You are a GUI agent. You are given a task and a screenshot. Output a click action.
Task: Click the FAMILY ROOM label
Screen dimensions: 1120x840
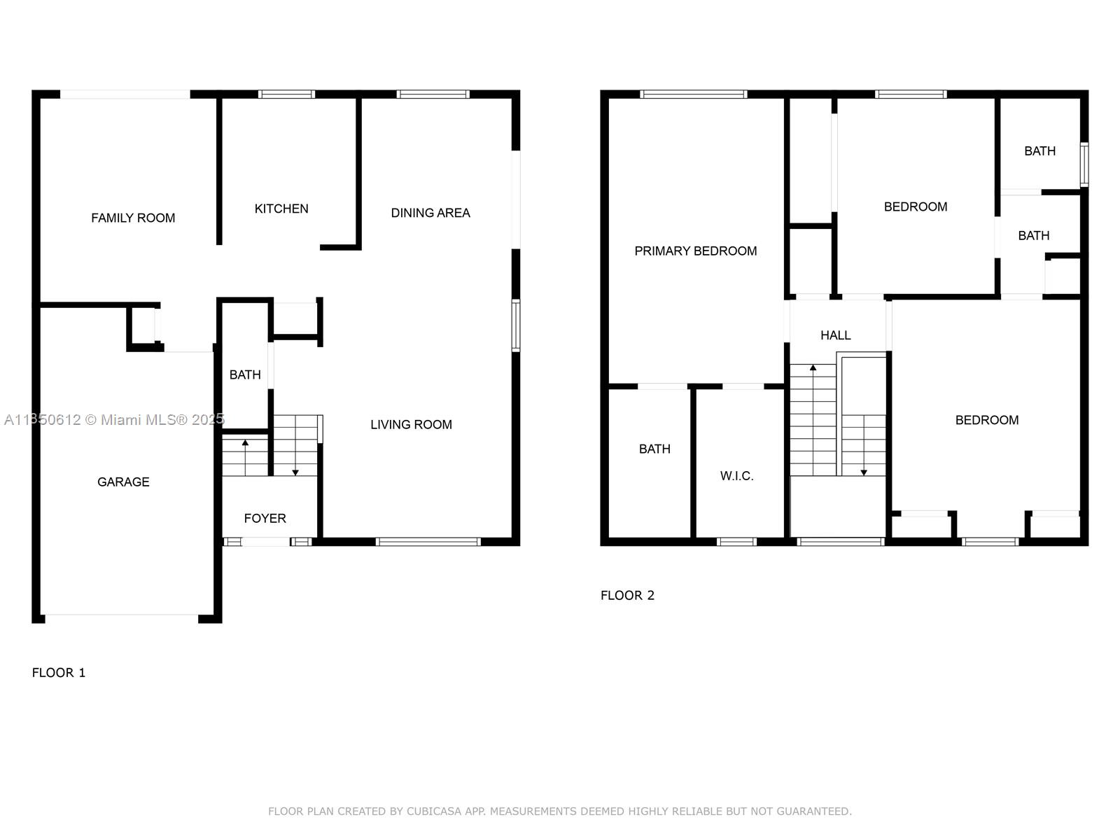coord(133,218)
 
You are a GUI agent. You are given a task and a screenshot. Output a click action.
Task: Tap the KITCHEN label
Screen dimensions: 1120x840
coord(281,209)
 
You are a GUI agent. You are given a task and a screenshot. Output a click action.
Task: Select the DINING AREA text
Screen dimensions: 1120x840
coord(430,213)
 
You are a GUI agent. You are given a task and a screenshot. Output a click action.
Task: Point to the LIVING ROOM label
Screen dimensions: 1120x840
coord(411,424)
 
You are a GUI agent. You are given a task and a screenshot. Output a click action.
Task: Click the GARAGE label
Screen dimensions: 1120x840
coord(123,482)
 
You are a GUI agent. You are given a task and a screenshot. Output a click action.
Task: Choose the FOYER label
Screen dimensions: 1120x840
coord(265,518)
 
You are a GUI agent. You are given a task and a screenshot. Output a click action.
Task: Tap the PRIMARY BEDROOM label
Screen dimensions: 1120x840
coord(696,251)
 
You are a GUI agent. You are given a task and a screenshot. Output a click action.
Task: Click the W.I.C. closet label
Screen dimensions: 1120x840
coord(736,476)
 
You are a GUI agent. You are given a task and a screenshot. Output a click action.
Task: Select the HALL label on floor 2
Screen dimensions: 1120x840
coord(835,335)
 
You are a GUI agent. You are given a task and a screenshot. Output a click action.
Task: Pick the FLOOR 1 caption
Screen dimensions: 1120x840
coord(59,673)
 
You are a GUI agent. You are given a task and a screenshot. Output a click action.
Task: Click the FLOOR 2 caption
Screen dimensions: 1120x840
coord(627,595)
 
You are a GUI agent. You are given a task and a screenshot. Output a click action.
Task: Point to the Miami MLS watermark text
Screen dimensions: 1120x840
coord(114,420)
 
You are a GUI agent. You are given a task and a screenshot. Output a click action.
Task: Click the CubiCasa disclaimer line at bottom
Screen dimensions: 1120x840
coord(560,811)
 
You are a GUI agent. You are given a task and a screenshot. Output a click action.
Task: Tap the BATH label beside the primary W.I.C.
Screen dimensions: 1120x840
coord(654,449)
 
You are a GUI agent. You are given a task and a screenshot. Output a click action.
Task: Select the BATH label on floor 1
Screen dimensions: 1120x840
coord(245,375)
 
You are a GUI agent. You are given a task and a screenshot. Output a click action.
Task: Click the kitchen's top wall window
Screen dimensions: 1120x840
coord(286,94)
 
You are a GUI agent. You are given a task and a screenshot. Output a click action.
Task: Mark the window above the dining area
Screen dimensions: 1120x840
coord(433,94)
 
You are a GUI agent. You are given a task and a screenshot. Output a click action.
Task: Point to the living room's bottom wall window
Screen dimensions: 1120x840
coord(428,542)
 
